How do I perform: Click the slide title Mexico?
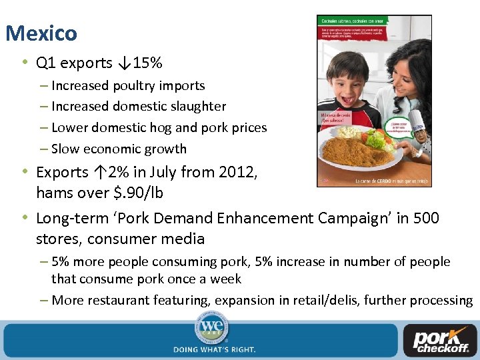[41, 33]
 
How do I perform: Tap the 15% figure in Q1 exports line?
[147, 63]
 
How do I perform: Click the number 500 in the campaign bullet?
[427, 218]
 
